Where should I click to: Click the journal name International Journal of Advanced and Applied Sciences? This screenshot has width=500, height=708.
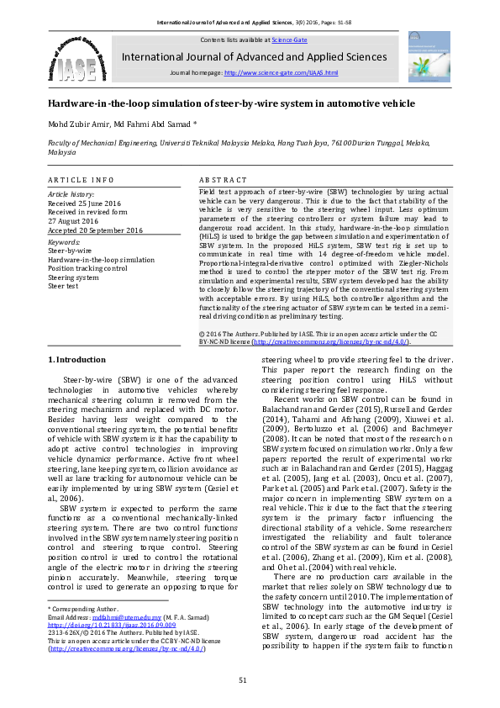[255, 57]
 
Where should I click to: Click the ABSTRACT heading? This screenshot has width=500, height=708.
[223, 180]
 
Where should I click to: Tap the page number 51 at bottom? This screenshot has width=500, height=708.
[243, 679]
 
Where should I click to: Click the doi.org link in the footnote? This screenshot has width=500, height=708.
[112, 625]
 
